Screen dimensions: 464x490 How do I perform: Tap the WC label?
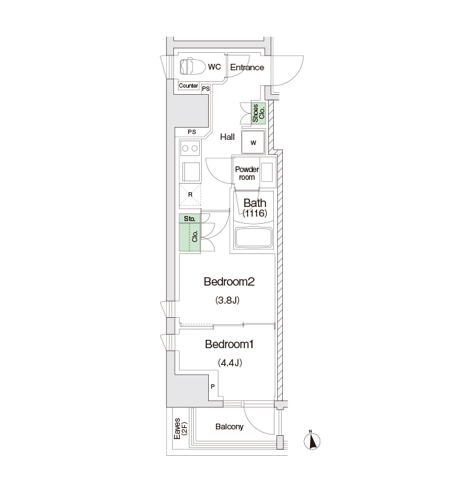tap(215, 67)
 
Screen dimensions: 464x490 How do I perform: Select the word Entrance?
tap(247, 67)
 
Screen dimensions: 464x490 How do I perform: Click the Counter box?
tap(188, 86)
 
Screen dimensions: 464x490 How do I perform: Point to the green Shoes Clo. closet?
tap(258, 113)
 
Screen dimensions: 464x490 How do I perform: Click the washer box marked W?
tap(253, 142)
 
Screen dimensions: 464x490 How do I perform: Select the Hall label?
tap(227, 137)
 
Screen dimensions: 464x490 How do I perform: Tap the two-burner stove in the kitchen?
tap(190, 148)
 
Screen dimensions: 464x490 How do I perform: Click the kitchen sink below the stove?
tap(191, 172)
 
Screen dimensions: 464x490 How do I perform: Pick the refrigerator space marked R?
tap(190, 196)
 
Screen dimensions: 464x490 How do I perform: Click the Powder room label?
tap(247, 173)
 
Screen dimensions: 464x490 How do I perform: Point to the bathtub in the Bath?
tap(254, 237)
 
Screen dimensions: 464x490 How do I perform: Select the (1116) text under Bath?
tap(255, 213)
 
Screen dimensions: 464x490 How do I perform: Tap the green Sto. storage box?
tap(190, 219)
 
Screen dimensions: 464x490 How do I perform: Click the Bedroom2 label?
tap(229, 282)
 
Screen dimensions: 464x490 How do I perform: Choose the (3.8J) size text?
tap(227, 300)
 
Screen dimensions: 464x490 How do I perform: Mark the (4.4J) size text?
tap(230, 363)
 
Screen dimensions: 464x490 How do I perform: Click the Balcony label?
tap(229, 427)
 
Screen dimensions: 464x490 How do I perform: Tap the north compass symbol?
tap(312, 441)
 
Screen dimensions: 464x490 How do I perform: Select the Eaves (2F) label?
tap(180, 429)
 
